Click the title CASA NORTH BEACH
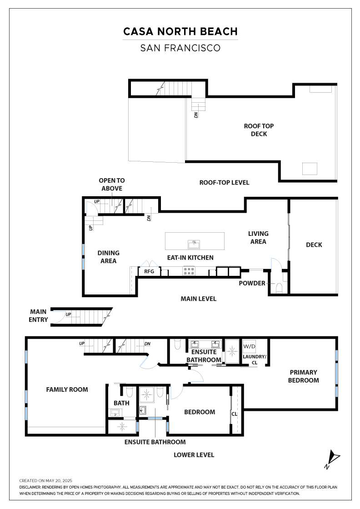(180, 31)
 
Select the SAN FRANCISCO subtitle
(180, 48)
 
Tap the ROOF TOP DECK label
(259, 130)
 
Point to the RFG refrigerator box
(149, 271)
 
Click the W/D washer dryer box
(249, 346)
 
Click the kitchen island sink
(194, 243)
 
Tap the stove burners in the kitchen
(189, 271)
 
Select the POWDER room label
(252, 283)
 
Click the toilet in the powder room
(279, 288)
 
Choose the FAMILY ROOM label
(67, 389)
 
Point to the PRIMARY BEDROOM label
(303, 376)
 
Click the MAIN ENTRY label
(39, 315)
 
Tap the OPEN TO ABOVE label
(111, 185)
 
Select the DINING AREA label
(109, 257)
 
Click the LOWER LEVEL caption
(194, 455)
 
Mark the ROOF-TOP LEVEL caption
(224, 183)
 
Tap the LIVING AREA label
(258, 238)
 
